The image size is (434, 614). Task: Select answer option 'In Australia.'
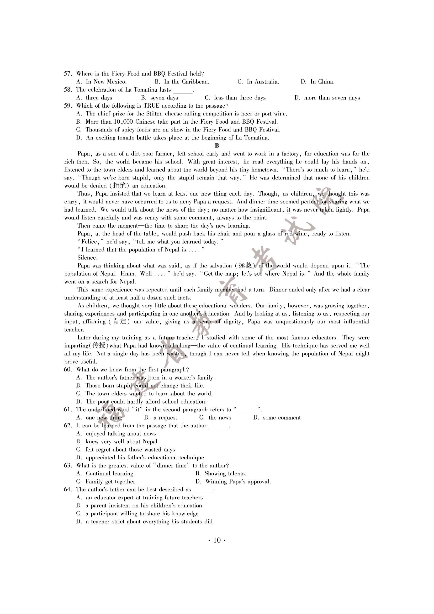click(x=263, y=82)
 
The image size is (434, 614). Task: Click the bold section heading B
click(x=217, y=146)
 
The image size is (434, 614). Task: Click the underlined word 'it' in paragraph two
click(x=288, y=210)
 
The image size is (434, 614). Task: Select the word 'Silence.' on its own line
click(x=87, y=258)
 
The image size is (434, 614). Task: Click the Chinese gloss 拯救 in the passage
click(x=245, y=266)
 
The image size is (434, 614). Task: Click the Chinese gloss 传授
click(x=99, y=346)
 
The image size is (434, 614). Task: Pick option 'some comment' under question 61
click(x=282, y=418)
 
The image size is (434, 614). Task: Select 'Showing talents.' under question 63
click(x=225, y=474)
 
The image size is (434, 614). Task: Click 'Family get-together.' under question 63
click(x=111, y=482)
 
